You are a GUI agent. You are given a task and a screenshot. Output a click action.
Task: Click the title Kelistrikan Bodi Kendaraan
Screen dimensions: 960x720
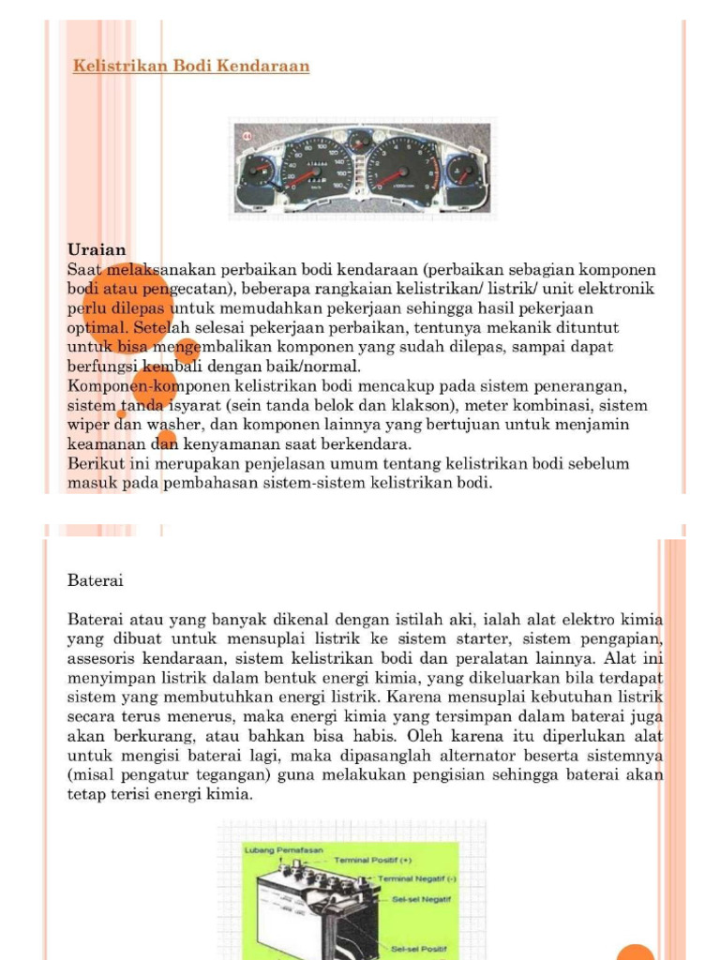point(191,67)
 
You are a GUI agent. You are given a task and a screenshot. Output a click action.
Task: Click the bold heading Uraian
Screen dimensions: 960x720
point(97,249)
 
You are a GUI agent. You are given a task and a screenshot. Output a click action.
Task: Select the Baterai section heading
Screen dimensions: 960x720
point(96,580)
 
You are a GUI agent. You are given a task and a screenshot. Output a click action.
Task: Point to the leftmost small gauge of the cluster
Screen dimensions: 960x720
point(258,172)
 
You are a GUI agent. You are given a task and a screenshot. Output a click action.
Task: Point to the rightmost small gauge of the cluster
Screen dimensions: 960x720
point(462,172)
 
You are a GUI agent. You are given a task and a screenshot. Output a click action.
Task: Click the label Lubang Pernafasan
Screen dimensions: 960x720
point(283,849)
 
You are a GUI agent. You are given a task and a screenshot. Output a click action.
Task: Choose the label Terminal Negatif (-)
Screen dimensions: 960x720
point(417,878)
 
